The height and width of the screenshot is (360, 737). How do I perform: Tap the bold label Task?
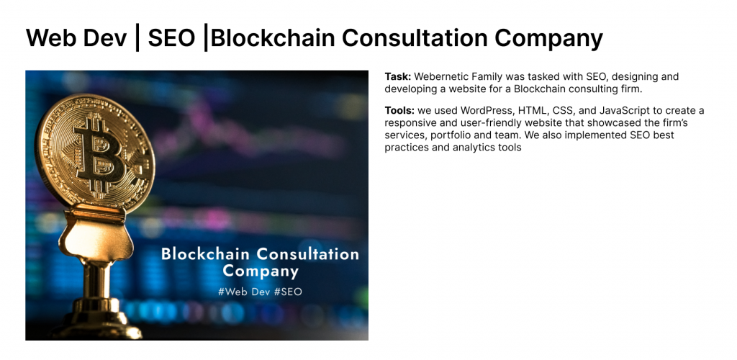click(x=398, y=76)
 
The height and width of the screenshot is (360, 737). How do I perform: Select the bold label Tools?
click(x=400, y=110)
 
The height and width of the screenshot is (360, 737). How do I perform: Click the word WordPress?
click(x=486, y=110)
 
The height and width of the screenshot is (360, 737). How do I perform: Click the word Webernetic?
click(x=442, y=76)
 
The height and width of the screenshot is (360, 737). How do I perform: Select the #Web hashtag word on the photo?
click(x=235, y=292)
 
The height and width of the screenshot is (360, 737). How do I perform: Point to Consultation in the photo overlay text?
click(x=307, y=253)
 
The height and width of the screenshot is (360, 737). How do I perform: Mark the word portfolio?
click(x=463, y=135)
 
